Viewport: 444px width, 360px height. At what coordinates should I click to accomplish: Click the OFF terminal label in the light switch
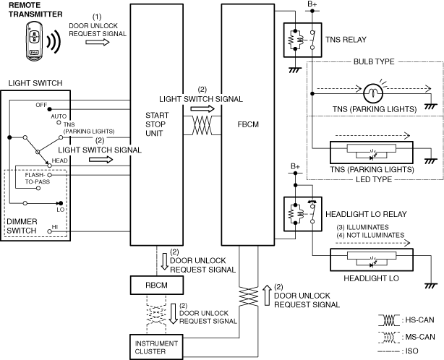pyautogui.click(x=41, y=105)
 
